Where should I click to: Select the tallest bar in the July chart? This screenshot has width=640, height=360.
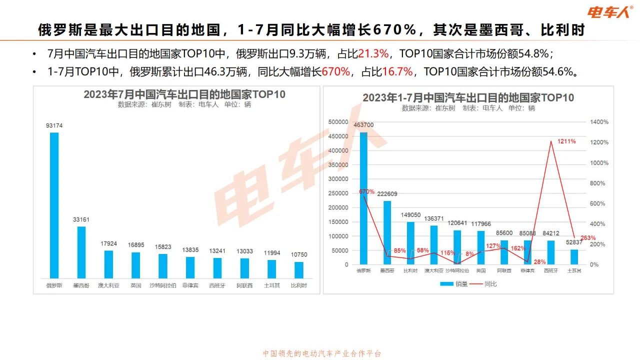pyautogui.click(x=54, y=205)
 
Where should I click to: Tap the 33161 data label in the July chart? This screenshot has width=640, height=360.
pyautogui.click(x=81, y=219)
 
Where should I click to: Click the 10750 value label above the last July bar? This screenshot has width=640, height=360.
pyautogui.click(x=298, y=254)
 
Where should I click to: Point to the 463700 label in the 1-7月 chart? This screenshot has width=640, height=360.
pyautogui.click(x=363, y=125)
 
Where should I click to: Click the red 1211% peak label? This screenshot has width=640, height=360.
pyautogui.click(x=566, y=141)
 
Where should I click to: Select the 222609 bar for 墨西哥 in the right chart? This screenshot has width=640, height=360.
pyautogui.click(x=387, y=232)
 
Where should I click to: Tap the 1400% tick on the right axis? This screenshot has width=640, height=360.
pyautogui.click(x=599, y=122)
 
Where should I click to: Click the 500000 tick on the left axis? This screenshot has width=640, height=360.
pyautogui.click(x=338, y=122)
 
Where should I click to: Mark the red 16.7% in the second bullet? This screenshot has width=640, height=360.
pyautogui.click(x=397, y=71)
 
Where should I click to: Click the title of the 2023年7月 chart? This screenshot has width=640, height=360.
pyautogui.click(x=177, y=95)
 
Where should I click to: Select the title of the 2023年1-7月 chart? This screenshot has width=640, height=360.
pyautogui.click(x=468, y=97)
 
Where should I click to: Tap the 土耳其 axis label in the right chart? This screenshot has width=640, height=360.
pyautogui.click(x=573, y=270)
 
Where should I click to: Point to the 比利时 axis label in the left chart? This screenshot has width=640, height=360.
pyautogui.click(x=298, y=286)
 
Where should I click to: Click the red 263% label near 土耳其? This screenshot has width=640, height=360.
pyautogui.click(x=588, y=237)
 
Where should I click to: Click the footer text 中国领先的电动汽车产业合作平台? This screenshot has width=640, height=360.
pyautogui.click(x=322, y=353)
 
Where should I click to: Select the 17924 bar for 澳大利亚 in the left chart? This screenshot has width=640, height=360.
pyautogui.click(x=108, y=264)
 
